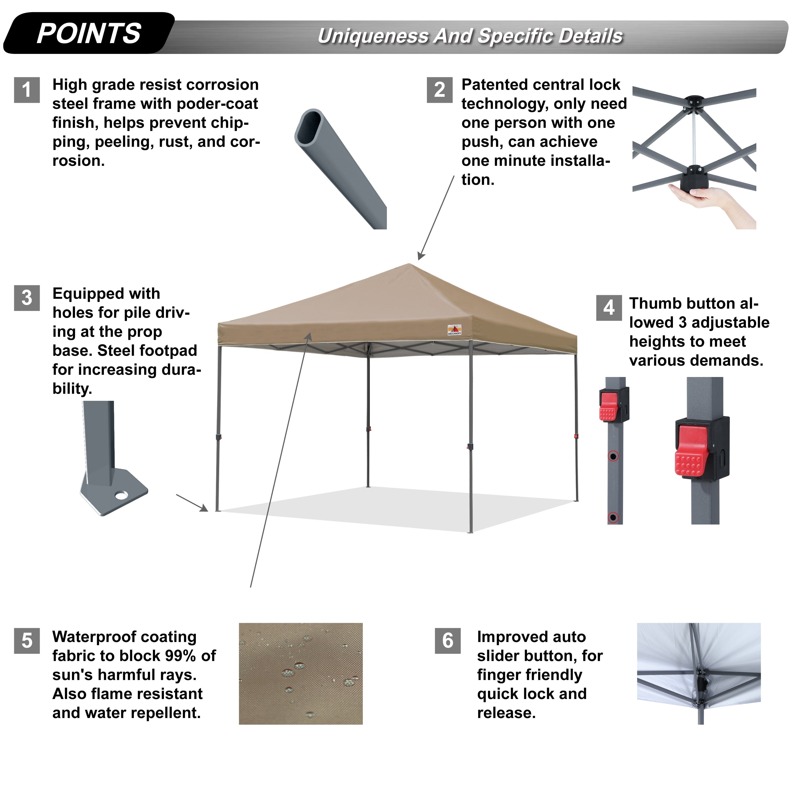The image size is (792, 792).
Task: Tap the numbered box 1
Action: (27, 90)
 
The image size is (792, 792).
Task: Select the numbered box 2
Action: (440, 90)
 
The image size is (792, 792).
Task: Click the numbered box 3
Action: (27, 298)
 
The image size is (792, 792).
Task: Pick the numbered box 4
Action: (609, 308)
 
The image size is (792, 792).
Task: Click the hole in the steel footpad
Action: (121, 496)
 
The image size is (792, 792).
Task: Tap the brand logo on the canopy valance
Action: (454, 330)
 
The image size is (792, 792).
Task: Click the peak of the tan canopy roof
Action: (409, 265)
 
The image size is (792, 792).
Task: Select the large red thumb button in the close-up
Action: (691, 451)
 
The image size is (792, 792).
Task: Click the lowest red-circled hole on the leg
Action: (613, 517)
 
